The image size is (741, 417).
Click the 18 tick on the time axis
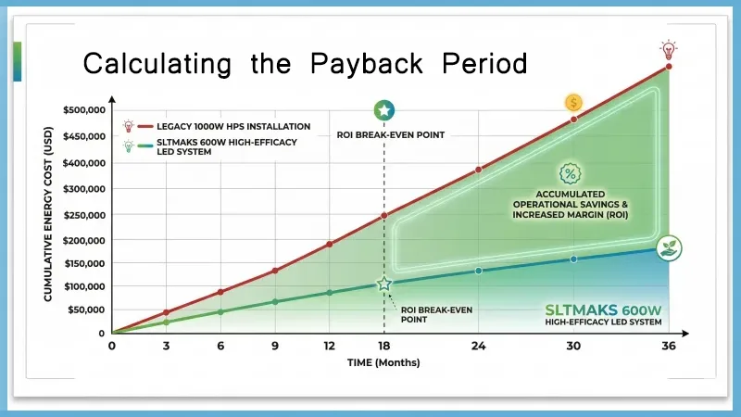(383, 347)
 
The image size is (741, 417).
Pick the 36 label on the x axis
(668, 347)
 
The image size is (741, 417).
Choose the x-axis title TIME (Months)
(383, 363)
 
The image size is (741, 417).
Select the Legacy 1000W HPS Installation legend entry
(229, 126)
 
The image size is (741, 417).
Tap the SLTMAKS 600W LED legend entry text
(222, 147)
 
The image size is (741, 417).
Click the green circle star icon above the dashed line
(383, 111)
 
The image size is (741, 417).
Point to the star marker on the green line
(383, 284)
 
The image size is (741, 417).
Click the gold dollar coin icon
(573, 103)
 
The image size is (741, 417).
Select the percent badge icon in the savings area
(570, 174)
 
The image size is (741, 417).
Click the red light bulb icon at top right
(667, 49)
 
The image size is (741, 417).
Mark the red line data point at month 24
(479, 170)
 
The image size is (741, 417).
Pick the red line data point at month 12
(329, 244)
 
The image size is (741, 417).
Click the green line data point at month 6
(220, 311)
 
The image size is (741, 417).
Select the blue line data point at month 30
(573, 259)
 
